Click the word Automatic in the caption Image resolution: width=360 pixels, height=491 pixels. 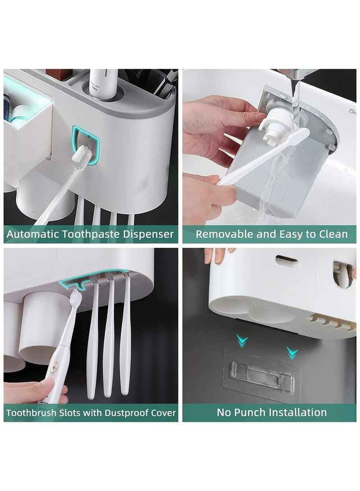32,234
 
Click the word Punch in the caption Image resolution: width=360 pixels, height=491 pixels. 246,412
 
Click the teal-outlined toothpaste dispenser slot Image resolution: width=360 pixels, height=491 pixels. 85,145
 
